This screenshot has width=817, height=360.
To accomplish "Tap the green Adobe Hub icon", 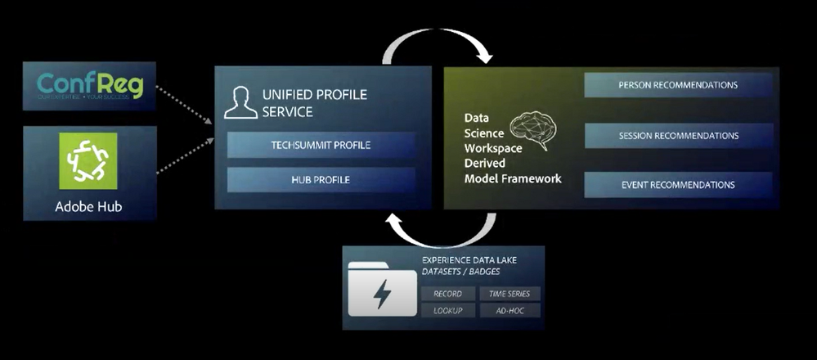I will [x=88, y=161].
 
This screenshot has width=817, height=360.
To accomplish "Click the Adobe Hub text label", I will [x=88, y=205].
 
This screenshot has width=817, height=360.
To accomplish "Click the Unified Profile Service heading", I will [x=314, y=103].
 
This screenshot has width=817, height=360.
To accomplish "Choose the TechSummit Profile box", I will [x=321, y=146].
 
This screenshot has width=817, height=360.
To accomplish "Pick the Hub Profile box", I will [x=321, y=179].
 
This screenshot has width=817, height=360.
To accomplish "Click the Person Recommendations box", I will [x=678, y=85].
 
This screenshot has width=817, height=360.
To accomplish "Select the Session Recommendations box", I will [x=678, y=135].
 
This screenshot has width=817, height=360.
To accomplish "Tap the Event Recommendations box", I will [x=678, y=185].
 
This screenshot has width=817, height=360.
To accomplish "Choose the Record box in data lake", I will [x=448, y=294].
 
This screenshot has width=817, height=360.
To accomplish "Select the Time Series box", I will [x=509, y=294].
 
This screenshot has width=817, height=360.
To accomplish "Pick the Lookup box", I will [x=448, y=311].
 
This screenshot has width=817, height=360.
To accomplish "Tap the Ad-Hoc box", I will [x=509, y=311].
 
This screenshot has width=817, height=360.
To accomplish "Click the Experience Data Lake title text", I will [x=469, y=260].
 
